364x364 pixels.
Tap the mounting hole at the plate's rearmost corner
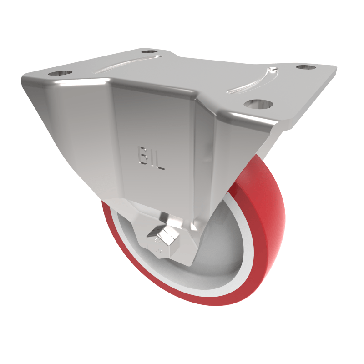[x=149, y=51]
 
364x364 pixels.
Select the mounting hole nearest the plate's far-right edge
[x=306, y=67]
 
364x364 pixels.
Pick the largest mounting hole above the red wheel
[x=257, y=103]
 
